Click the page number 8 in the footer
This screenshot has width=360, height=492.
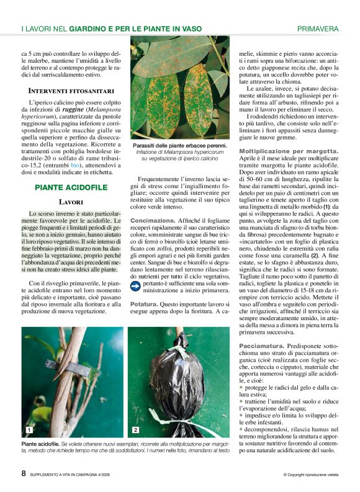click(x=24, y=473)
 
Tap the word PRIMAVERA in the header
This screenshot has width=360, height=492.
click(x=318, y=29)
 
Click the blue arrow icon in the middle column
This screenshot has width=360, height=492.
click(x=136, y=285)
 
